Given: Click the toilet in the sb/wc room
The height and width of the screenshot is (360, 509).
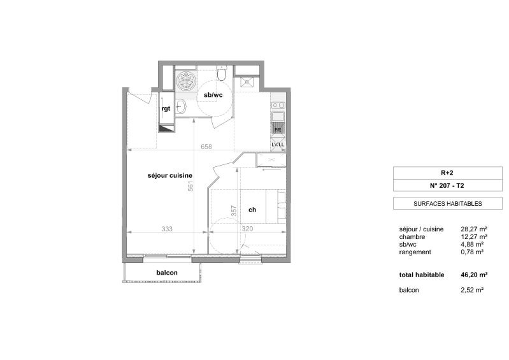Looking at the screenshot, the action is [222, 73].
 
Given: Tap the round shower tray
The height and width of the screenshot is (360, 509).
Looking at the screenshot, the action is [186, 80].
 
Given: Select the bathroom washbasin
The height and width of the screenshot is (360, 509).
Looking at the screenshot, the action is [181, 106].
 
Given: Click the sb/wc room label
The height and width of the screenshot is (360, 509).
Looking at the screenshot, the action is [213, 95].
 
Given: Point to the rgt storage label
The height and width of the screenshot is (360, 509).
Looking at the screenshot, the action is [166, 108].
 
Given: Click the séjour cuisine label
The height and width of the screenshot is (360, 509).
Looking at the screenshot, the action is [170, 176].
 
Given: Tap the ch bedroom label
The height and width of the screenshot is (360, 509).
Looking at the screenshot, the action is [252, 210].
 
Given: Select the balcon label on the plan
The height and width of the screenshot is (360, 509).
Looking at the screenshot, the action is [167, 273].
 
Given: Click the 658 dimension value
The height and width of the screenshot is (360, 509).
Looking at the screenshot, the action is [206, 147].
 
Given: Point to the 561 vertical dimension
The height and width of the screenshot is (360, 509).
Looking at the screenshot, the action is [190, 185].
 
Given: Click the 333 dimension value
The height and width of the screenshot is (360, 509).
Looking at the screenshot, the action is [167, 229].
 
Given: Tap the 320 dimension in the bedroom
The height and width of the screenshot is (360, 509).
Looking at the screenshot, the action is [247, 229].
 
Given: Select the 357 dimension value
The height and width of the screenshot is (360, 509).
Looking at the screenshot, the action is [234, 211].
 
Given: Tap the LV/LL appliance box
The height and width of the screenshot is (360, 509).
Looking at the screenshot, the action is [278, 144].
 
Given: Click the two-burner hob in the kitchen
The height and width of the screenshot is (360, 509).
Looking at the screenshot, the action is [278, 105].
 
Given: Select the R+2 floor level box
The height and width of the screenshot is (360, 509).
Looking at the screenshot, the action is [448, 173].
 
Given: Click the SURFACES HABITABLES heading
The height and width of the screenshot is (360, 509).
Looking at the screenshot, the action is [448, 204].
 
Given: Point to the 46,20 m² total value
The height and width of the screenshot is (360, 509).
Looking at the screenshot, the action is [474, 275].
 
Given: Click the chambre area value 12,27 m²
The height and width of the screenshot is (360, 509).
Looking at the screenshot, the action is [474, 236].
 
